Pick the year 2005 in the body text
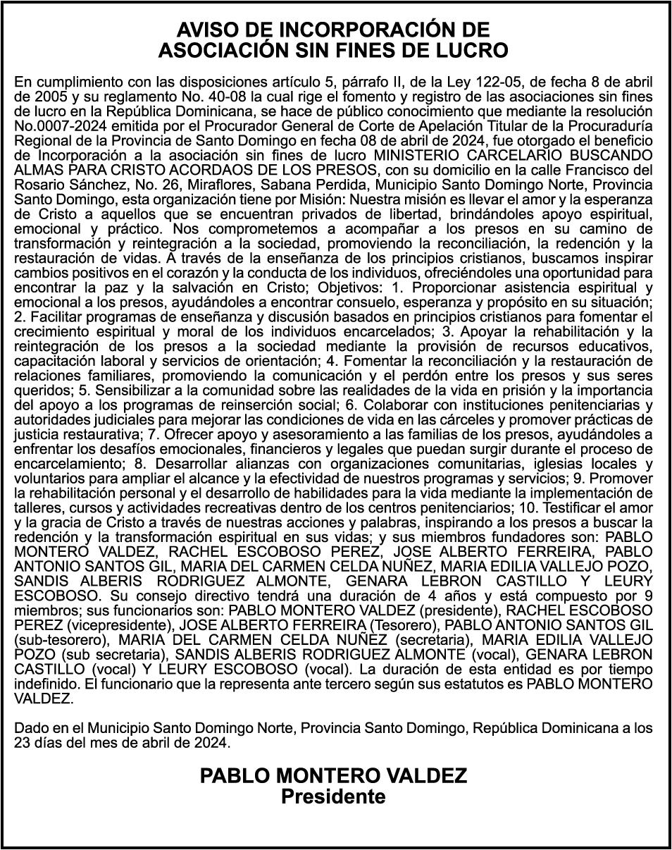44,95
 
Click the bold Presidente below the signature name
334,797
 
